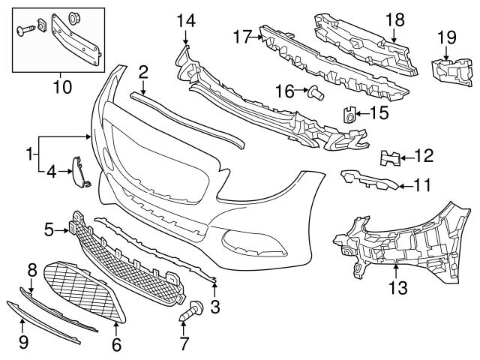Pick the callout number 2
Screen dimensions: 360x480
pos(142,73)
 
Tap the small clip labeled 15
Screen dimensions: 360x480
pos(349,114)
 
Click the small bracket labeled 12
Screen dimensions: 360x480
pos(388,157)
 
